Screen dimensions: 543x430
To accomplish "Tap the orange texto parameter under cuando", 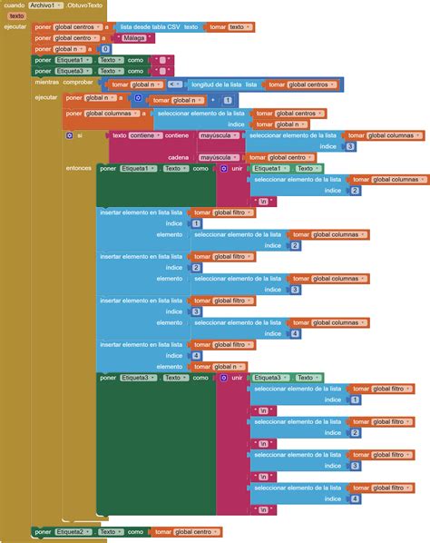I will click(17, 15).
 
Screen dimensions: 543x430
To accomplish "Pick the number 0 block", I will click(105, 49).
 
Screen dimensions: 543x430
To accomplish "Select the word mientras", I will click(46, 83).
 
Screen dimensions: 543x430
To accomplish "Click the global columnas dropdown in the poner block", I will click(114, 114).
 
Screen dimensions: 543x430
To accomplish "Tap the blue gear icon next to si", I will click(69, 134).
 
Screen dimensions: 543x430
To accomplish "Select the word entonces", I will click(79, 168).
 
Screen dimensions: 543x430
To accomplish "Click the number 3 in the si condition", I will click(350, 145).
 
